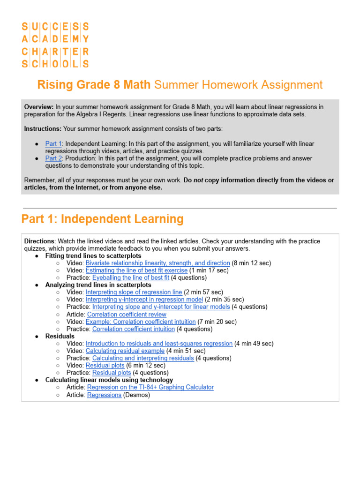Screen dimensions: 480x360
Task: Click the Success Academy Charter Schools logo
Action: pos(55,45)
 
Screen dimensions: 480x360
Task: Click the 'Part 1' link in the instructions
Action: pos(53,144)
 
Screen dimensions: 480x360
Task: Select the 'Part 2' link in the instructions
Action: pos(53,158)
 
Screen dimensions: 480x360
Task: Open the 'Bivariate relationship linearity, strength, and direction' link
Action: pos(157,263)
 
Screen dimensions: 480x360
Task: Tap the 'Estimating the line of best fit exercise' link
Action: pos(136,270)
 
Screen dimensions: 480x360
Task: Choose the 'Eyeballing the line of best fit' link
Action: pos(130,278)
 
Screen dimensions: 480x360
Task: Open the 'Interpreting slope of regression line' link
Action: pos(134,292)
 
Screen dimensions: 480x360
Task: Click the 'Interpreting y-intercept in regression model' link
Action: pos(144,300)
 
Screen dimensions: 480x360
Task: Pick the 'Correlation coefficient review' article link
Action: pos(127,315)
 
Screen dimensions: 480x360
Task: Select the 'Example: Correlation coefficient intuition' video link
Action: pos(141,322)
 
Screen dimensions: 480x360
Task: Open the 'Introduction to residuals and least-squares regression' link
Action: pos(159,344)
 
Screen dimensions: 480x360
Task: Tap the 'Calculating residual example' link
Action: pos(125,351)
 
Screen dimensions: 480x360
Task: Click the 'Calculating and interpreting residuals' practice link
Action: pos(142,358)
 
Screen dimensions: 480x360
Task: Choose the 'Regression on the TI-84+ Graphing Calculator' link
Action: pos(150,388)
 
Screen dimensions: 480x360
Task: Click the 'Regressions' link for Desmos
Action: pos(104,395)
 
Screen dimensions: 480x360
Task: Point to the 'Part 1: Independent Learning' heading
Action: pos(103,219)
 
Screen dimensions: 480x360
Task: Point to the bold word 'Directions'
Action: pos(39,241)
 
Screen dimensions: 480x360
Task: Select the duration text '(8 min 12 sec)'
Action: pos(251,263)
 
